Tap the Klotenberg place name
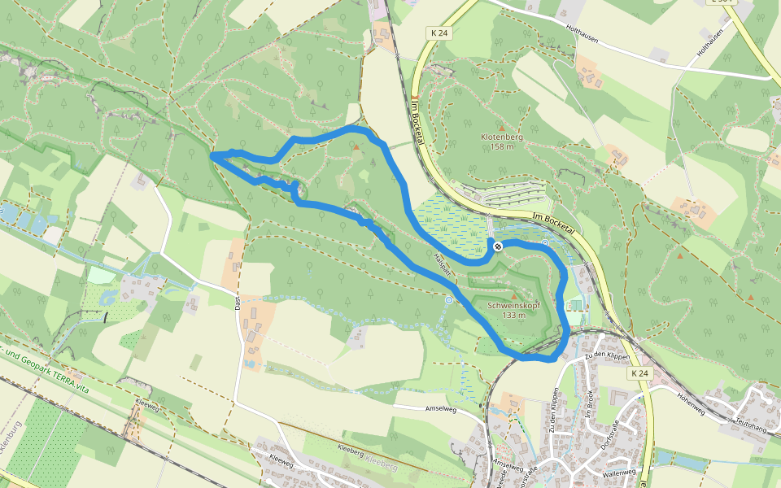pyautogui.click(x=501, y=137)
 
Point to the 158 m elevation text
pyautogui.click(x=501, y=147)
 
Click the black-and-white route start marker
pyautogui.click(x=496, y=246)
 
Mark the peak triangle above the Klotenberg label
pyautogui.click(x=502, y=128)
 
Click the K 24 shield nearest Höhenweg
pyautogui.click(x=641, y=373)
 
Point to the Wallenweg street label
pyautogui.click(x=618, y=473)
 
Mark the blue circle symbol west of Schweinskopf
pyautogui.click(x=448, y=300)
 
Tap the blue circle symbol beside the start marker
pyautogui.click(x=544, y=242)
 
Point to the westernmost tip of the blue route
pyautogui.click(x=212, y=154)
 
